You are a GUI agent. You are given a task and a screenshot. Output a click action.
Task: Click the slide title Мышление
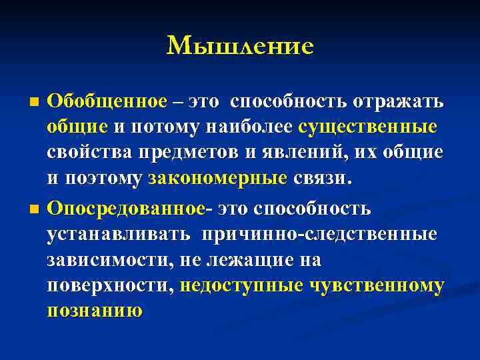[x=240, y=45]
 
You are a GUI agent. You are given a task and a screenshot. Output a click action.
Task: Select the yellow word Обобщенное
[x=107, y=101]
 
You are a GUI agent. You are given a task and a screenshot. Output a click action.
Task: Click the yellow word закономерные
[x=217, y=179]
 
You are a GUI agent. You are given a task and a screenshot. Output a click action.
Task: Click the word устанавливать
[x=117, y=234]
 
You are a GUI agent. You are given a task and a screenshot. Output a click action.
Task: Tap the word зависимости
[x=108, y=260]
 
